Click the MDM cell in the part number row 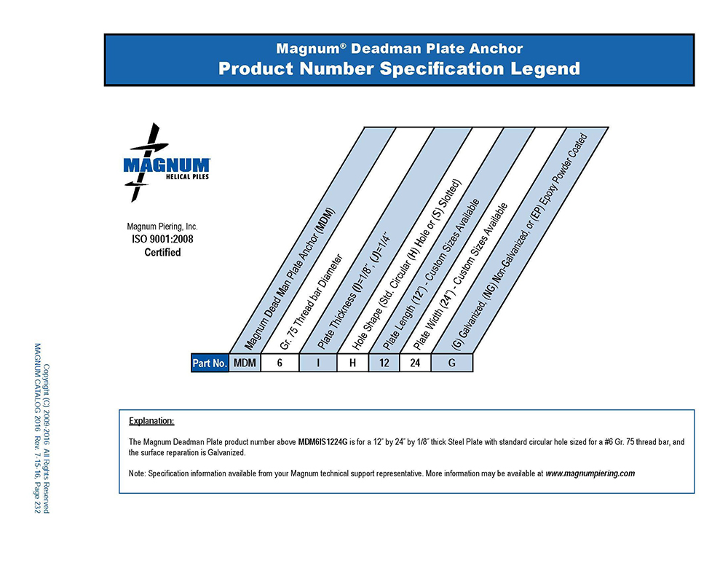(x=245, y=363)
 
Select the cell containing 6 (x=279, y=363)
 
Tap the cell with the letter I (x=317, y=363)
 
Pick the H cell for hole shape (x=352, y=363)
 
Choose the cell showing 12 (x=384, y=363)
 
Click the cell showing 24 (x=415, y=363)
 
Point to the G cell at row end (x=451, y=363)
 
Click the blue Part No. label (x=210, y=363)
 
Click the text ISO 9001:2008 (x=162, y=239)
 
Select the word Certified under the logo (x=162, y=252)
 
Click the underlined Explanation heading (x=151, y=421)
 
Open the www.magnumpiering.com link (x=590, y=473)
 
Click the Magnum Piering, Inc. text (x=162, y=227)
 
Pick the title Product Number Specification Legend (x=399, y=69)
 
